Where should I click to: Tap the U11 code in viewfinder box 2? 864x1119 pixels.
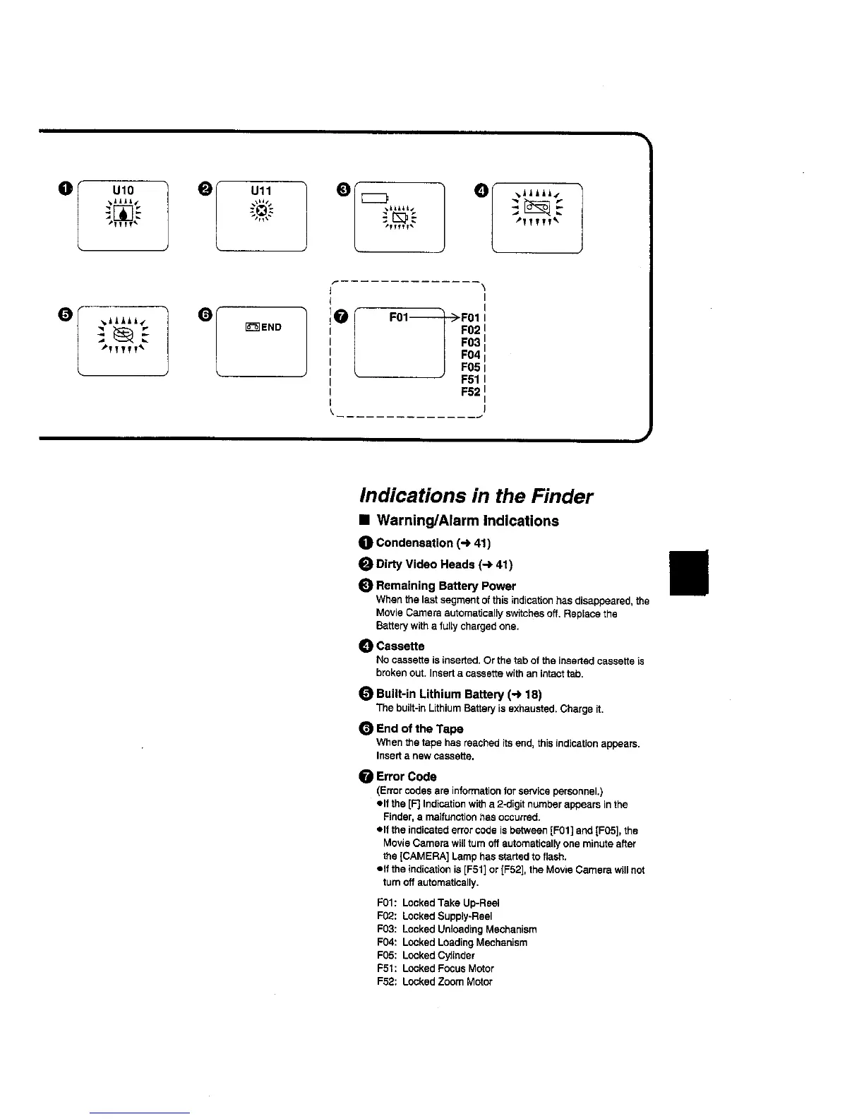coord(261,191)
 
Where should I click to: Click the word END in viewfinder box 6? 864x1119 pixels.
coord(271,327)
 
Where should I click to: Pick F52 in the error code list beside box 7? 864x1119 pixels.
coord(471,392)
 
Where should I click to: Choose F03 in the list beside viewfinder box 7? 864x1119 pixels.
coord(471,342)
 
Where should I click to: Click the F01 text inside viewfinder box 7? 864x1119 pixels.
coord(399,316)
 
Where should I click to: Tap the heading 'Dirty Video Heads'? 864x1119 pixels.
coord(426,564)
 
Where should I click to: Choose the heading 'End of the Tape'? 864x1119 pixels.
coord(420,728)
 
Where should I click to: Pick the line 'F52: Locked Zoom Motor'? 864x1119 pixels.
coord(435,981)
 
